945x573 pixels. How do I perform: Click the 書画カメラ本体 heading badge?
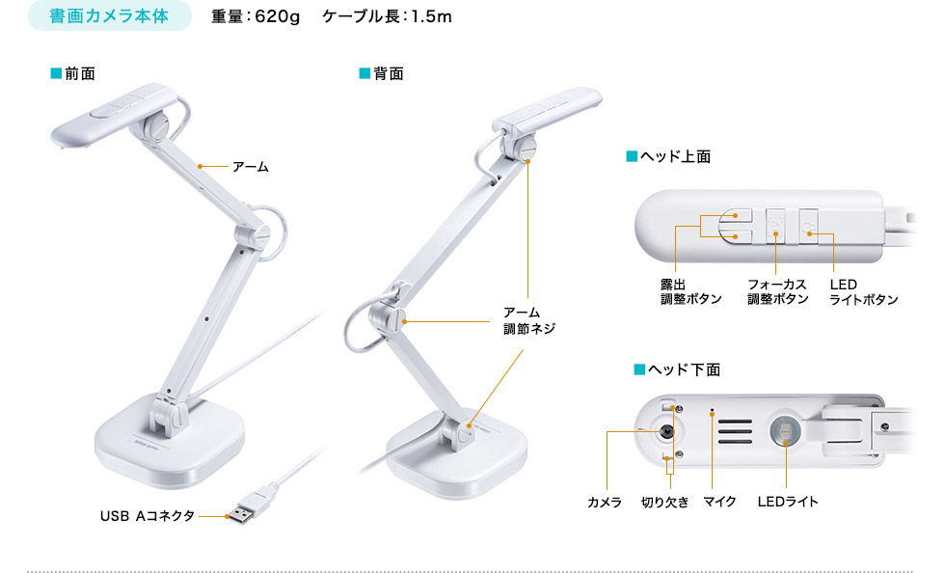111,17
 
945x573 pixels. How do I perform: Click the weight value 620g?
277,17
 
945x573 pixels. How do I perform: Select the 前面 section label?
79,73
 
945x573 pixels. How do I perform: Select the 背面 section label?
388,73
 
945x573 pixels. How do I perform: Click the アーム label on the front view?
250,167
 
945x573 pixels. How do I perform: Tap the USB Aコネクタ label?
148,516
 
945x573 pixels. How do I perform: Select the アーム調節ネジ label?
528,320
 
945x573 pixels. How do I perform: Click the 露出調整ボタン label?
690,291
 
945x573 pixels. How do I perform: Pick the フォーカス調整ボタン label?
777,291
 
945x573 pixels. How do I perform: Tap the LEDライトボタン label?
863,291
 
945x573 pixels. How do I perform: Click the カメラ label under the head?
605,502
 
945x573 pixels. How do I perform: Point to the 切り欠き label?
664,502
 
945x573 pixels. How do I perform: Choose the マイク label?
719,502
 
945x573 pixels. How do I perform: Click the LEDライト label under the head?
787,502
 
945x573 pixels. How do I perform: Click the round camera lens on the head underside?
665,431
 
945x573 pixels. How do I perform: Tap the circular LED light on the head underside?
785,431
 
